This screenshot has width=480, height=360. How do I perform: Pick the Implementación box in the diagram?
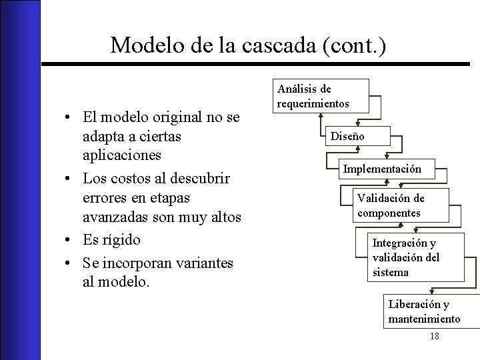382,169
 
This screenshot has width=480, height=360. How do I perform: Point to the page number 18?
435,337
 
